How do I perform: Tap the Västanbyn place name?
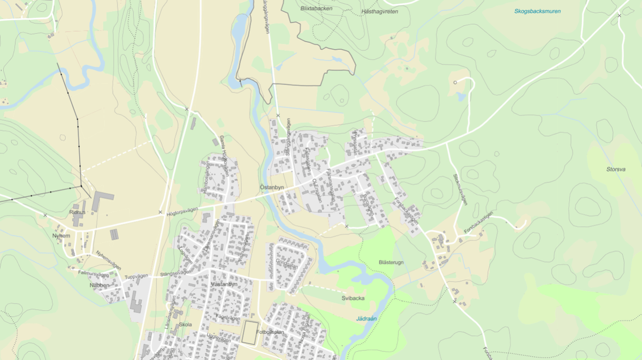tap(224, 285)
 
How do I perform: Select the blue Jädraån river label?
tap(366, 319)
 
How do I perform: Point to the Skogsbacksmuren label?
tap(537, 11)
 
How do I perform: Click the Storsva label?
tap(616, 170)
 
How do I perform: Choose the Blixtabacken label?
tap(316, 9)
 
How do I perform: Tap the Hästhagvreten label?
tap(380, 11)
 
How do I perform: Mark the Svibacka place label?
tap(353, 298)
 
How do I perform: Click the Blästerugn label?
tap(391, 262)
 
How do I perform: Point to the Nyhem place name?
tap(62, 236)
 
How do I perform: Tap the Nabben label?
tap(100, 286)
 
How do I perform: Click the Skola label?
tap(186, 325)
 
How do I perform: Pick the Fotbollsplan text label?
tap(269, 332)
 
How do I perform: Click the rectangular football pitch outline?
tap(249, 333)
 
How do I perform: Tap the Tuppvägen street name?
tap(136, 277)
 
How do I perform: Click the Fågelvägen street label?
tap(227, 318)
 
